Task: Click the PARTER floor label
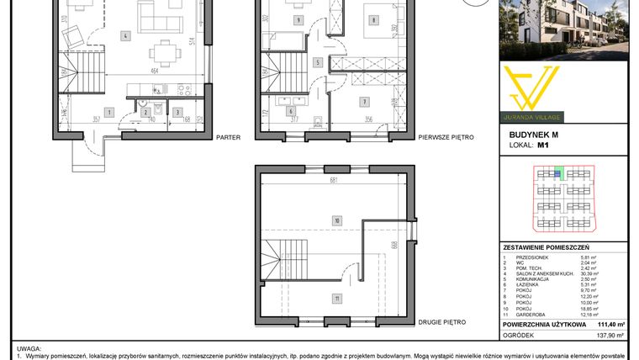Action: point(229,136)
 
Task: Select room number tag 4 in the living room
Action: point(124,36)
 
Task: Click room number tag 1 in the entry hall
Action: point(108,111)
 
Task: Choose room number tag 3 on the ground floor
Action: point(177,111)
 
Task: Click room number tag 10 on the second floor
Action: point(335,221)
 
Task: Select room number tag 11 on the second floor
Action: point(335,299)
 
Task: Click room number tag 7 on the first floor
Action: point(364,102)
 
